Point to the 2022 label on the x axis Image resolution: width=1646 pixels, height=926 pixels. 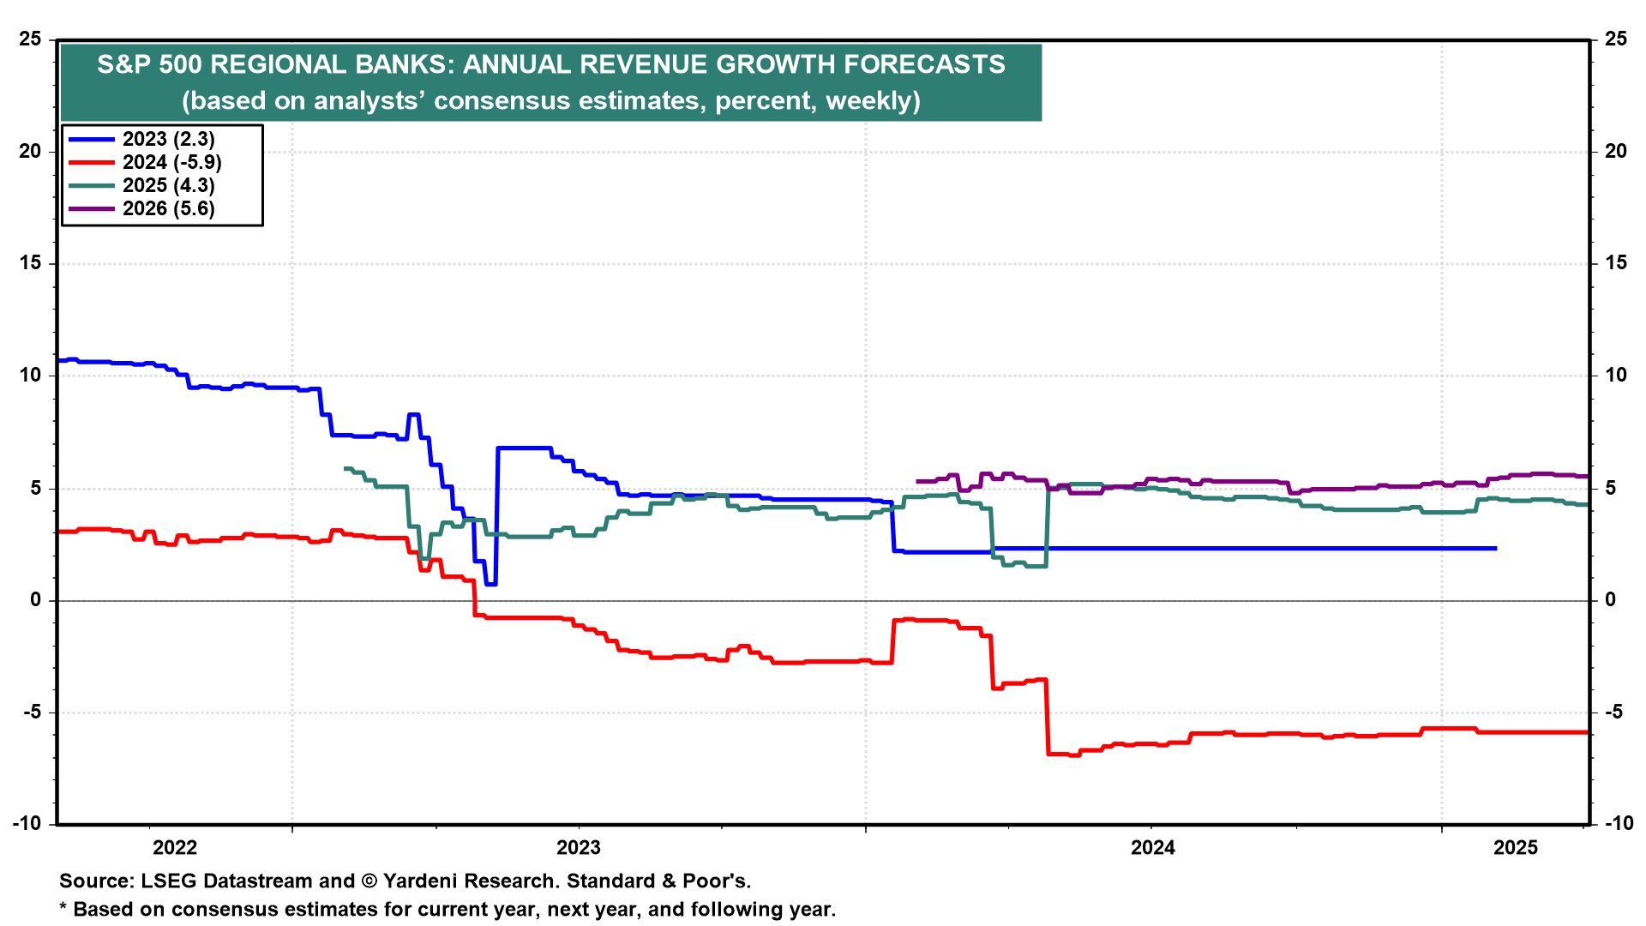click(175, 848)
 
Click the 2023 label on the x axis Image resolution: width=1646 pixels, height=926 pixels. click(579, 848)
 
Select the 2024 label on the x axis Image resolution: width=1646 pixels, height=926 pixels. click(1153, 848)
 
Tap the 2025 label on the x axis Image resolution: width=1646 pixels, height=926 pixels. click(1516, 848)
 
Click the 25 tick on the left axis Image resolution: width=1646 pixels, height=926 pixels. click(31, 39)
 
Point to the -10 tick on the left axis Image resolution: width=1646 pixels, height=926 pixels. click(27, 823)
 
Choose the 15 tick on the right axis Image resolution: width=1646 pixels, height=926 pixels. click(1615, 263)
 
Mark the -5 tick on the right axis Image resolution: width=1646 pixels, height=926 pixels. click(1612, 712)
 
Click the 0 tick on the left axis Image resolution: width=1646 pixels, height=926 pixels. click(36, 600)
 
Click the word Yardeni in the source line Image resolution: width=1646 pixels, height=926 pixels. click(422, 881)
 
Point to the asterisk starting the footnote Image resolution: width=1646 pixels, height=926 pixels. click(63, 908)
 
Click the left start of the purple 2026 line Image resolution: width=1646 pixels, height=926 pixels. click(918, 482)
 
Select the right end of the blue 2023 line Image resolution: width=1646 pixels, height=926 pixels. click(1495, 548)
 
